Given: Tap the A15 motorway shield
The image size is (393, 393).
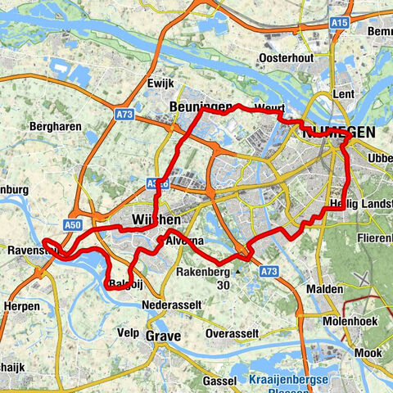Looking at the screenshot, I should pos(337,47).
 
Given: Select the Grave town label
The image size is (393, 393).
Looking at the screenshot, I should pos(163,337).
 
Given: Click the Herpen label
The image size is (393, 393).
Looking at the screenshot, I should pos(21,305).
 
